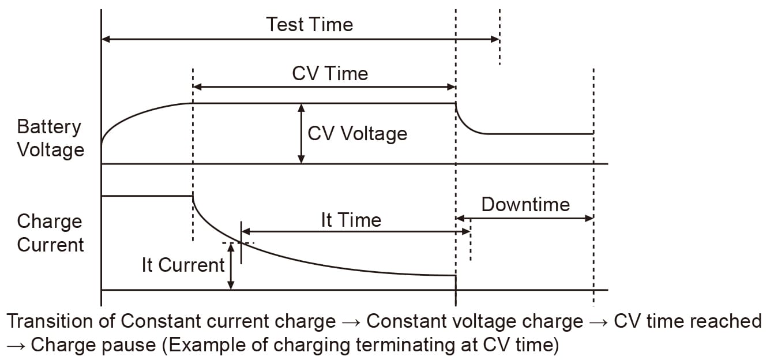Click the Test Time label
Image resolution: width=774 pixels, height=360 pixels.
point(309,24)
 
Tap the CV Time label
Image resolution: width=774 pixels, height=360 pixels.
point(330,73)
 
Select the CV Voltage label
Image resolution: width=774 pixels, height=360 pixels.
point(357,133)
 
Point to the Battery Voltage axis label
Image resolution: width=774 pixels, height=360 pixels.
point(50,138)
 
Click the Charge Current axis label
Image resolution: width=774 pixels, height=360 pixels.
point(50,233)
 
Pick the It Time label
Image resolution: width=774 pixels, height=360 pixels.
point(351,220)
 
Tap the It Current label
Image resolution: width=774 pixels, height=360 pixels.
point(183,265)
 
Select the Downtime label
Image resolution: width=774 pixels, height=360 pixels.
point(525,204)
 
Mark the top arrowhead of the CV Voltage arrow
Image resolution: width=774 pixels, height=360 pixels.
point(300,107)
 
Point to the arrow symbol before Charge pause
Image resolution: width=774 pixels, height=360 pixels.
point(16,346)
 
